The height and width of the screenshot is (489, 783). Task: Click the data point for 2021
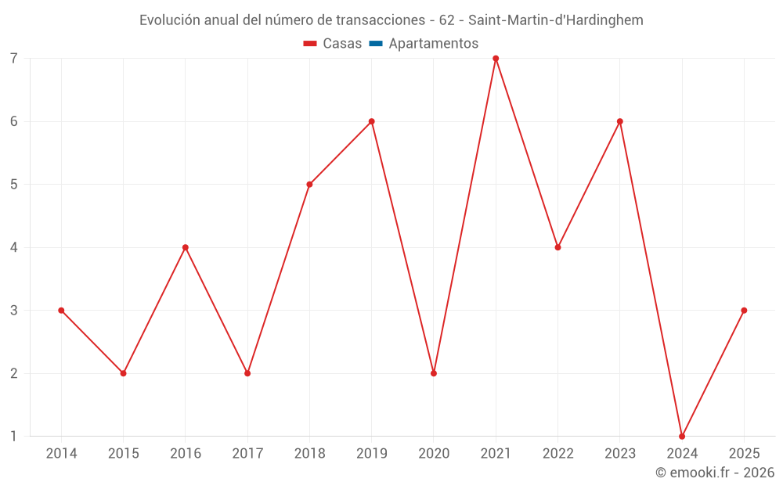tap(496, 59)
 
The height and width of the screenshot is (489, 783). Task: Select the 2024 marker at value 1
tap(682, 436)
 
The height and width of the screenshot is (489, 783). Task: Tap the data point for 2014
tap(61, 311)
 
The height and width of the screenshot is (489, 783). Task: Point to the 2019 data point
tap(372, 121)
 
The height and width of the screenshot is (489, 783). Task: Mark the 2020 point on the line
tap(434, 373)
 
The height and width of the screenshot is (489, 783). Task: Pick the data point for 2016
tap(186, 247)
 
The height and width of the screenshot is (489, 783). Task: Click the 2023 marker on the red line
tap(620, 121)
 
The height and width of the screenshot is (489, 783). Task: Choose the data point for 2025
tap(744, 311)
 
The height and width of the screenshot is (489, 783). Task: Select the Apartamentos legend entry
tap(433, 44)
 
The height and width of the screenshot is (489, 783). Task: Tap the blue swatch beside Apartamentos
tap(376, 44)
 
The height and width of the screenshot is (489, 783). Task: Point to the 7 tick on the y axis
tap(14, 59)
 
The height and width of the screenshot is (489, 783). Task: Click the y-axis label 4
tap(14, 247)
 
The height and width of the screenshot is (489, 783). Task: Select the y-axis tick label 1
tap(14, 436)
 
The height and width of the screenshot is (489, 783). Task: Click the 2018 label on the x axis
tap(309, 454)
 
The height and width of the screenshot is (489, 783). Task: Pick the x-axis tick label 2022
tap(557, 454)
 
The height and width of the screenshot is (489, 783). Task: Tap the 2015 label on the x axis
tap(123, 454)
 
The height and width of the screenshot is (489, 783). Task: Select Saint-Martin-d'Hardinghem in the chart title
tap(556, 20)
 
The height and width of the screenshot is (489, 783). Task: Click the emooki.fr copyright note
tap(715, 473)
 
